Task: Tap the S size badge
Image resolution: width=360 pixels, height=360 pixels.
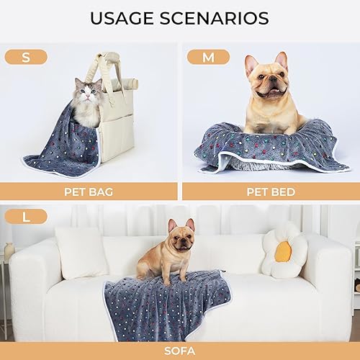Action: pos(25,56)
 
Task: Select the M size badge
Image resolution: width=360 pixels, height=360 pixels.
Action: pos(207,56)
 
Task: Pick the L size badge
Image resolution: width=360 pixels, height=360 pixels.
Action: pos(25,215)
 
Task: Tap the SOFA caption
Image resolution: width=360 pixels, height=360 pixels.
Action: pos(180,351)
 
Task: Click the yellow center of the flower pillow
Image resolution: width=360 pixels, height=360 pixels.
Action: pos(284,252)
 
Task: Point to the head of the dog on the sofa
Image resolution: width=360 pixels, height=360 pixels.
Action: pos(180,234)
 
